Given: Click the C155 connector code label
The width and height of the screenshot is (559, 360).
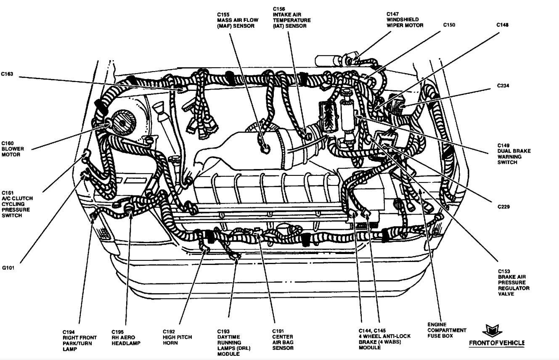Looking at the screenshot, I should pyautogui.click(x=223, y=14).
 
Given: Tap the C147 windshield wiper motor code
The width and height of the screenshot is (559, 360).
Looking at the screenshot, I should pyautogui.click(x=393, y=14).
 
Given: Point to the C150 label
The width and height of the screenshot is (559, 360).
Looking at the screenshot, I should pyautogui.click(x=449, y=25).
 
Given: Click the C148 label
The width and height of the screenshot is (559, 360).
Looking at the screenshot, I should pyautogui.click(x=503, y=25).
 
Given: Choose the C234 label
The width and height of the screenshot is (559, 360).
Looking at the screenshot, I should pyautogui.click(x=503, y=86).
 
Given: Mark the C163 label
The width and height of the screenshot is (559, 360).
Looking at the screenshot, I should pyautogui.click(x=7, y=74).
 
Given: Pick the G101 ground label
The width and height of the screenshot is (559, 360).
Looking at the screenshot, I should pyautogui.click(x=8, y=267).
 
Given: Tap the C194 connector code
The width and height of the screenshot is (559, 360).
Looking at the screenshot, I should pyautogui.click(x=69, y=331).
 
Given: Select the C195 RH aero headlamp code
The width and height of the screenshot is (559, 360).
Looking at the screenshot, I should pyautogui.click(x=118, y=331).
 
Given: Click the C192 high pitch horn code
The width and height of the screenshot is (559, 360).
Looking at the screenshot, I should pyautogui.click(x=170, y=331).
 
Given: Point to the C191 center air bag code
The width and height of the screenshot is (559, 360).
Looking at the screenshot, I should pyautogui.click(x=278, y=331).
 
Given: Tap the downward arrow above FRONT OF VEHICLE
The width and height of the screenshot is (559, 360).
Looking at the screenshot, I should pyautogui.click(x=490, y=330).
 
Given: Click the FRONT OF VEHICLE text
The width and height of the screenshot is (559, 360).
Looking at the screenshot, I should pyautogui.click(x=497, y=343).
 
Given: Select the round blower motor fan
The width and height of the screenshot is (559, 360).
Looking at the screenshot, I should pyautogui.click(x=122, y=121).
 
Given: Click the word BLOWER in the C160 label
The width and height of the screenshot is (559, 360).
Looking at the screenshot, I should pyautogui.click(x=13, y=149).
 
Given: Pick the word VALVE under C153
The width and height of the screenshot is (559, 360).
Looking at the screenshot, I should pyautogui.click(x=507, y=294).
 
